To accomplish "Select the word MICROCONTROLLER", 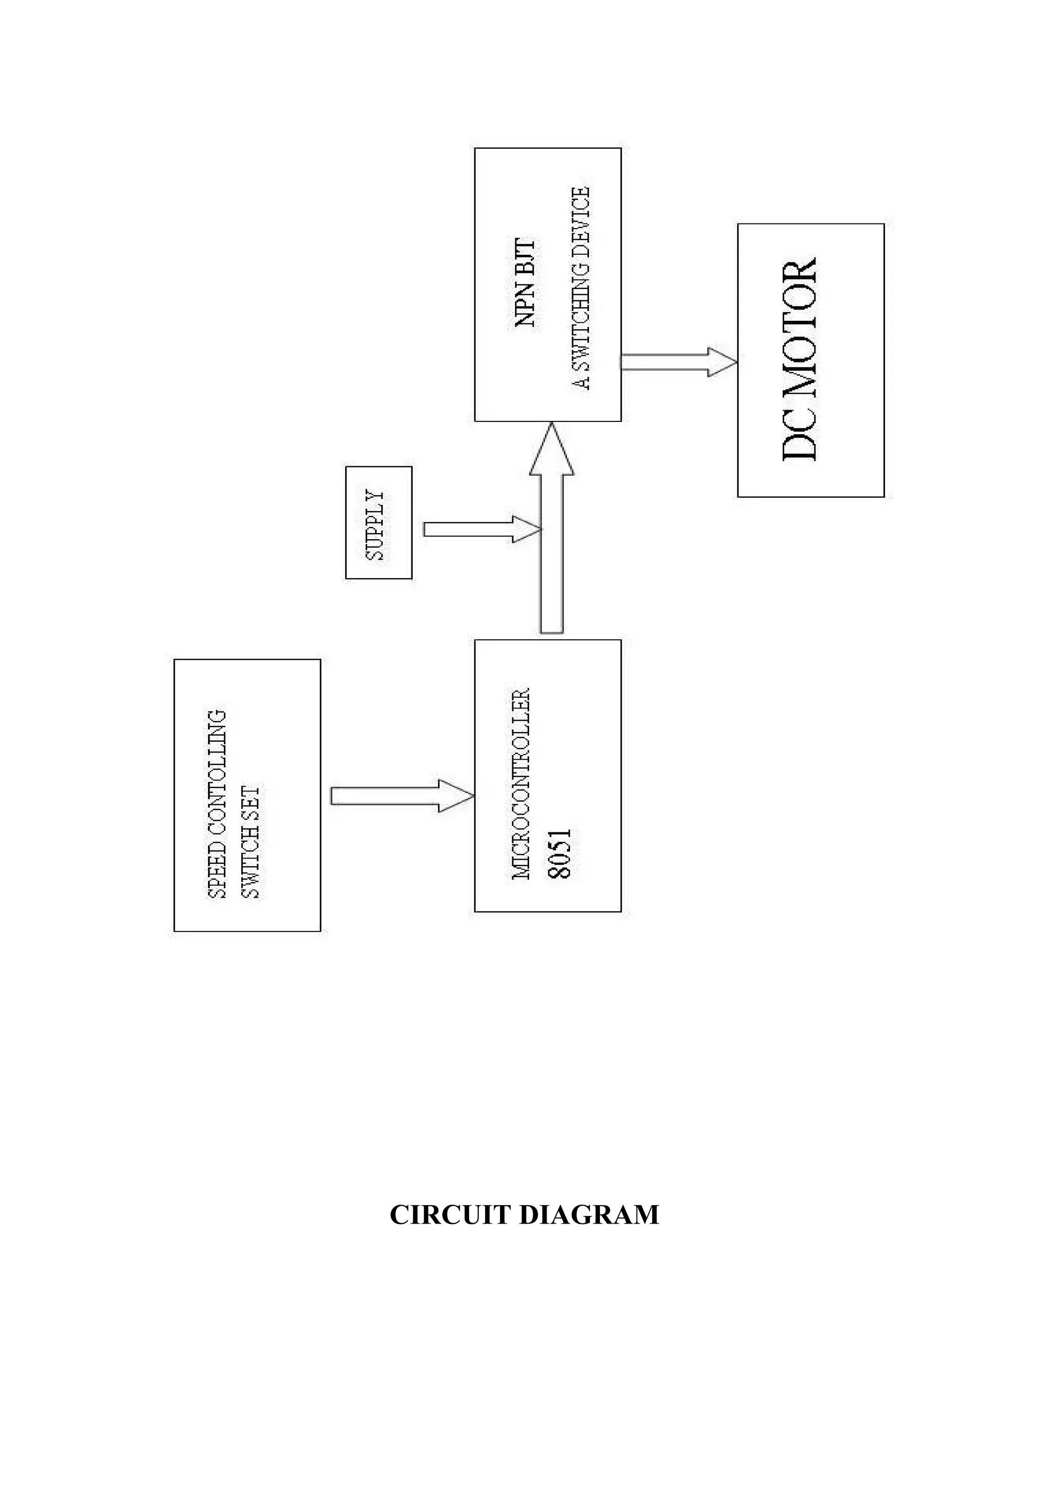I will click(521, 783).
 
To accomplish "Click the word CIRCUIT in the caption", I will click(451, 1215).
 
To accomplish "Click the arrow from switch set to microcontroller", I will click(401, 796).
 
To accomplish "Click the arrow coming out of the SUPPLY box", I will click(478, 529).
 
